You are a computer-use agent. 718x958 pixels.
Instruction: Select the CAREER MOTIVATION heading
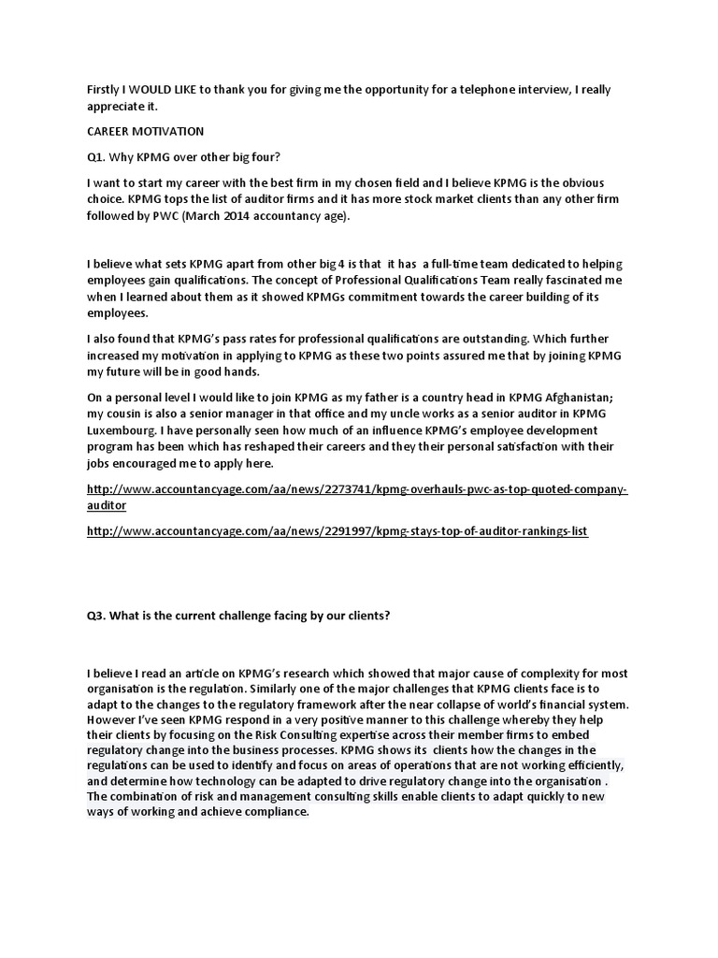145,132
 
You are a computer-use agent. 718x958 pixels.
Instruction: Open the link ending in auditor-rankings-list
337,530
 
